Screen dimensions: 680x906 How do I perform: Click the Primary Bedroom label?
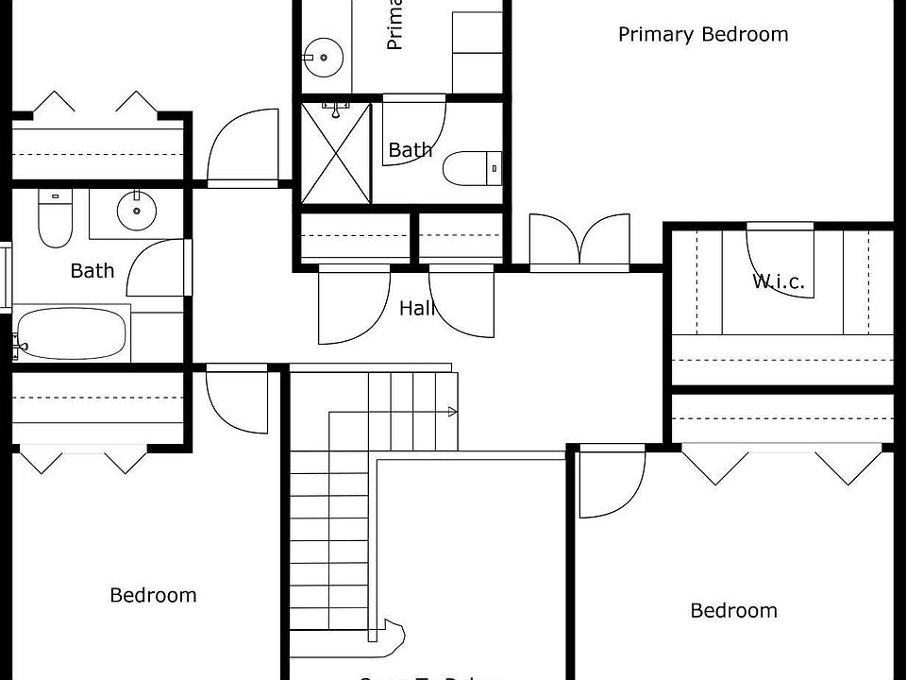point(703,35)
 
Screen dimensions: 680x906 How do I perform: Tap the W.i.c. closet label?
point(779,281)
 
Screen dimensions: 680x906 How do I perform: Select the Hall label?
point(416,308)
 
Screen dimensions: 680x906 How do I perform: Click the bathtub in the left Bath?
point(72,334)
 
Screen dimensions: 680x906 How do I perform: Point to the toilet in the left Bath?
point(54,219)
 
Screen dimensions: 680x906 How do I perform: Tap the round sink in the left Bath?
point(138,210)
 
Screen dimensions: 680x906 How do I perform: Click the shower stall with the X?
point(336,153)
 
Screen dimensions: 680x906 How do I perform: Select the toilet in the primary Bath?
point(471,169)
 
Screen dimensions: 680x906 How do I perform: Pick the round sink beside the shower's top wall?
point(325,56)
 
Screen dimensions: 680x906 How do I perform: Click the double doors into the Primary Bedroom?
point(579,242)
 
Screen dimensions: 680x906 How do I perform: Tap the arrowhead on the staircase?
point(453,412)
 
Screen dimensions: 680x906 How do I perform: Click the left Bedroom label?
point(153,595)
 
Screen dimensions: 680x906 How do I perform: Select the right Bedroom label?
point(733,610)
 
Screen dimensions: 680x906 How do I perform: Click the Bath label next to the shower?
point(410,149)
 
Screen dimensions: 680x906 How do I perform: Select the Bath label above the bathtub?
point(92,271)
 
